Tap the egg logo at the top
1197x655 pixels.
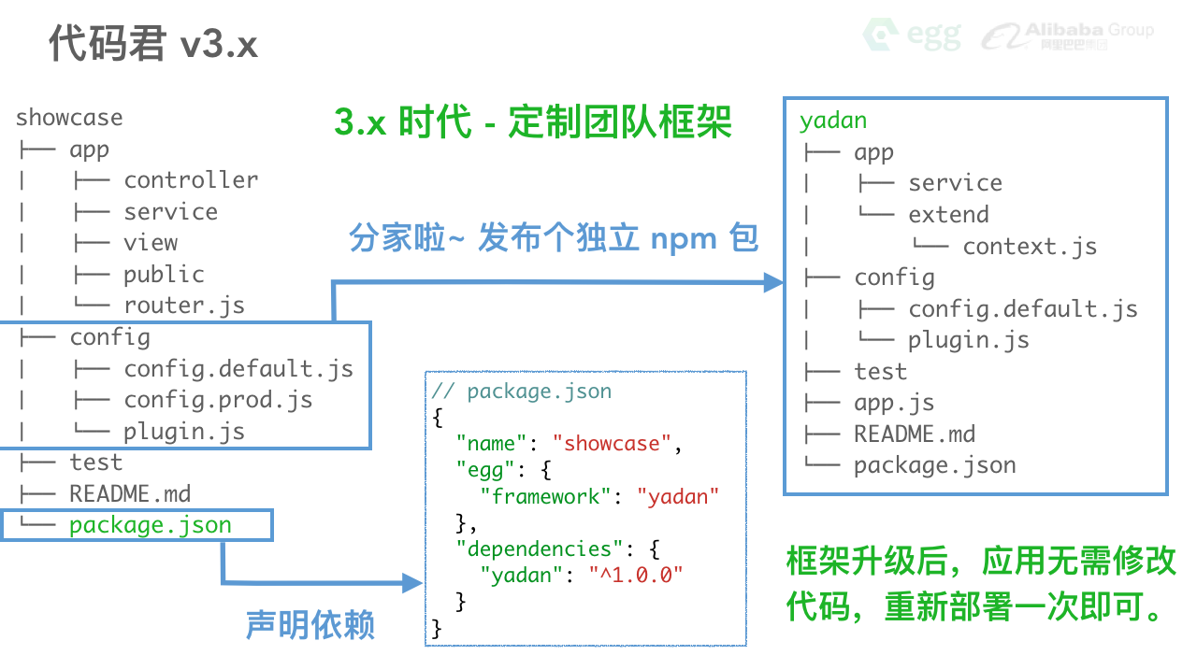(912, 36)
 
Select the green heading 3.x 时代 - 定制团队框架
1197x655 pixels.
(533, 122)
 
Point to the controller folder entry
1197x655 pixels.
(191, 179)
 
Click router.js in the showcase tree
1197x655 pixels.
(184, 305)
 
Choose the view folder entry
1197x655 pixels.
(151, 242)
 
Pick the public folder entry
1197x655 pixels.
(164, 274)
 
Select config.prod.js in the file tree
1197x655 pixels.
(218, 400)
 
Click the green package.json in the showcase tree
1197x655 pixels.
(150, 525)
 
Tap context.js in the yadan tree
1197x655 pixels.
(1030, 247)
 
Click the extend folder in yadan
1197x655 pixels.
(948, 215)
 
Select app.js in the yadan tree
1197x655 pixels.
(894, 403)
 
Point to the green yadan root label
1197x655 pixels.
(833, 121)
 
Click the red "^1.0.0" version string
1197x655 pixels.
(636, 575)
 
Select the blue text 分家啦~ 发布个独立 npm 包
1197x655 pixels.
(554, 238)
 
